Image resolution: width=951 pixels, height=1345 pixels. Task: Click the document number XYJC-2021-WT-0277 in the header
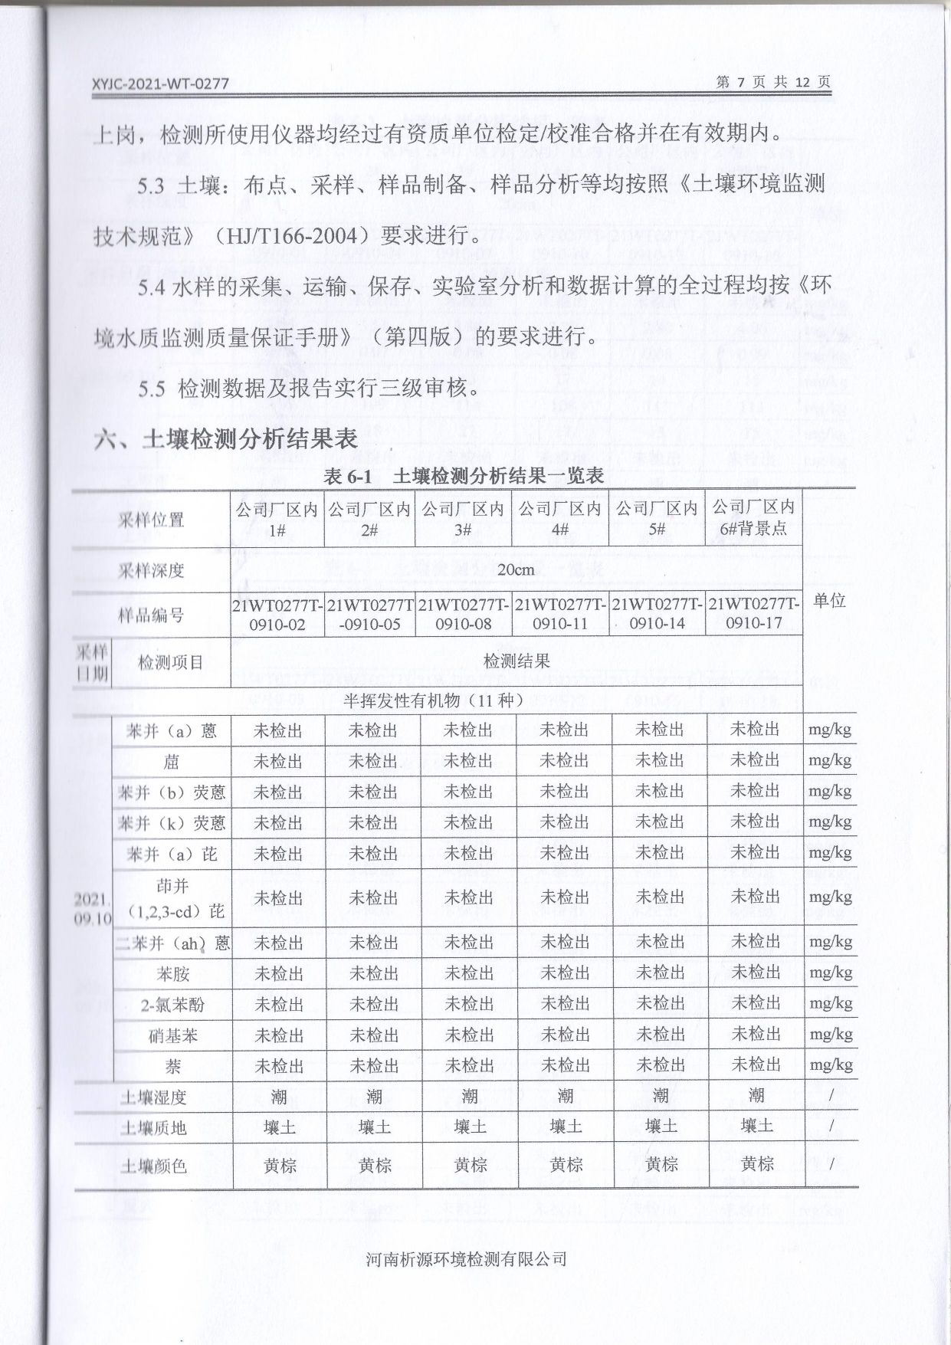pyautogui.click(x=160, y=84)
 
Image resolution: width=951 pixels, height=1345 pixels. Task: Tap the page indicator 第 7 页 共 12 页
pyautogui.click(x=772, y=82)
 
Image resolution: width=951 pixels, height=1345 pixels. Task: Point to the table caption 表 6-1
pyautogui.click(x=347, y=476)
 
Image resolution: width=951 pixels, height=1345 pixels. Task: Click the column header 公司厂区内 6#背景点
pyautogui.click(x=753, y=518)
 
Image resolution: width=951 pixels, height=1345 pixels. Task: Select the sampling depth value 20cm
pyautogui.click(x=516, y=570)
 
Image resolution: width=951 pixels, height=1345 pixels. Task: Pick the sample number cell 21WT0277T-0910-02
pyautogui.click(x=277, y=615)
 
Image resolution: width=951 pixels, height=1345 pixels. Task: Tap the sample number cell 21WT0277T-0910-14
pyautogui.click(x=657, y=614)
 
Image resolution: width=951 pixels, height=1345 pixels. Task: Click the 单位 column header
pyautogui.click(x=829, y=600)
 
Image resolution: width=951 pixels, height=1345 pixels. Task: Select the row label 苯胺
pyautogui.click(x=172, y=974)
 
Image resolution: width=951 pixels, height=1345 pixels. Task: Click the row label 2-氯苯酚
pyautogui.click(x=172, y=1005)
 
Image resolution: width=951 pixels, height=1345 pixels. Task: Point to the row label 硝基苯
pyautogui.click(x=172, y=1036)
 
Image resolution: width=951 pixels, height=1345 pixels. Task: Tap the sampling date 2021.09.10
pyautogui.click(x=93, y=908)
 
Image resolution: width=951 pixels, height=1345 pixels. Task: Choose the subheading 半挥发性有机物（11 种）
pyautogui.click(x=433, y=700)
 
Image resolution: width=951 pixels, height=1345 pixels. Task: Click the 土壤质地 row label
pyautogui.click(x=153, y=1128)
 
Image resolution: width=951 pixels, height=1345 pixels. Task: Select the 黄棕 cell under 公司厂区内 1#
pyautogui.click(x=279, y=1166)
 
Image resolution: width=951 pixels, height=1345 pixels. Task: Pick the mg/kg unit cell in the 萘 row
pyautogui.click(x=830, y=1065)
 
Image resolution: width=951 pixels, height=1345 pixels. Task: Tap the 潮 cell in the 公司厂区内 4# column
pyautogui.click(x=565, y=1097)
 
